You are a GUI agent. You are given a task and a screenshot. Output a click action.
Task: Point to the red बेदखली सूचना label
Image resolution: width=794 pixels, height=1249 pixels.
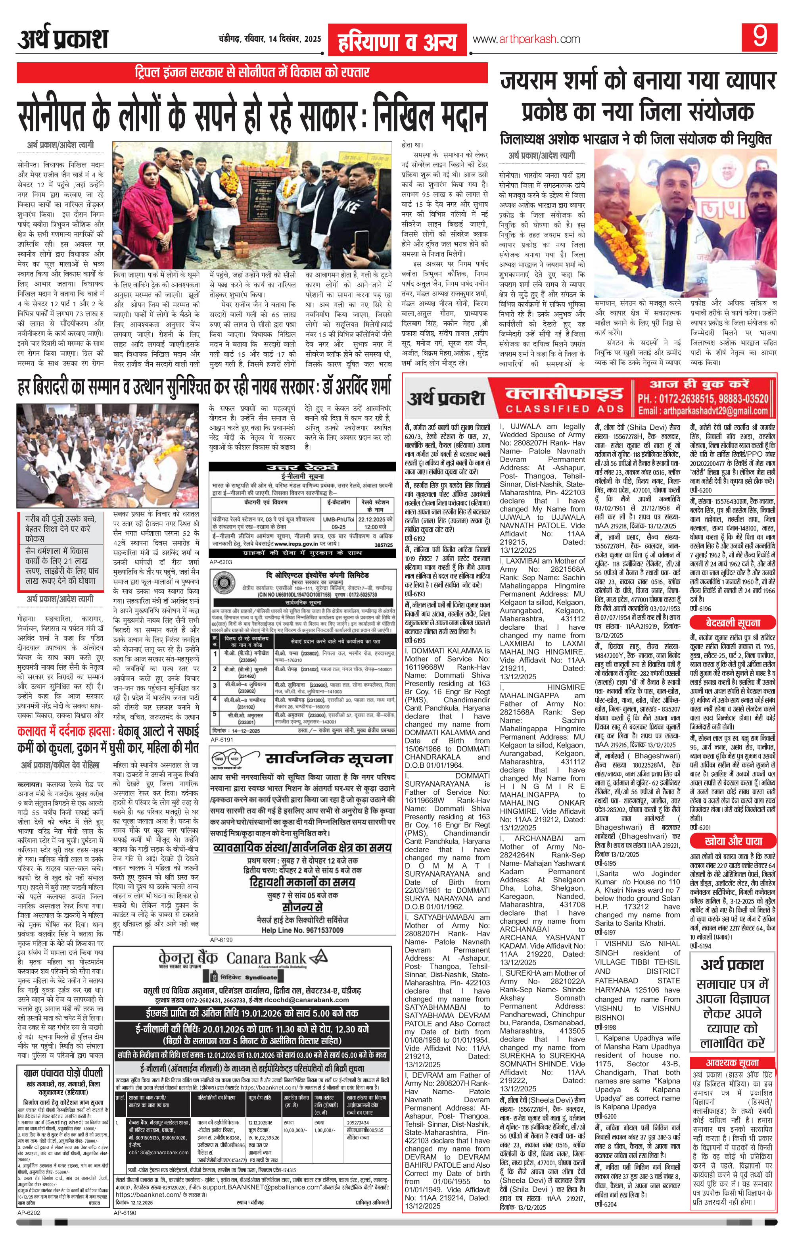point(732,623)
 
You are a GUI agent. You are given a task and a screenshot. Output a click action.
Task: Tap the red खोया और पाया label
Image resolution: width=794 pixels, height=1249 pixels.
point(732,841)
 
